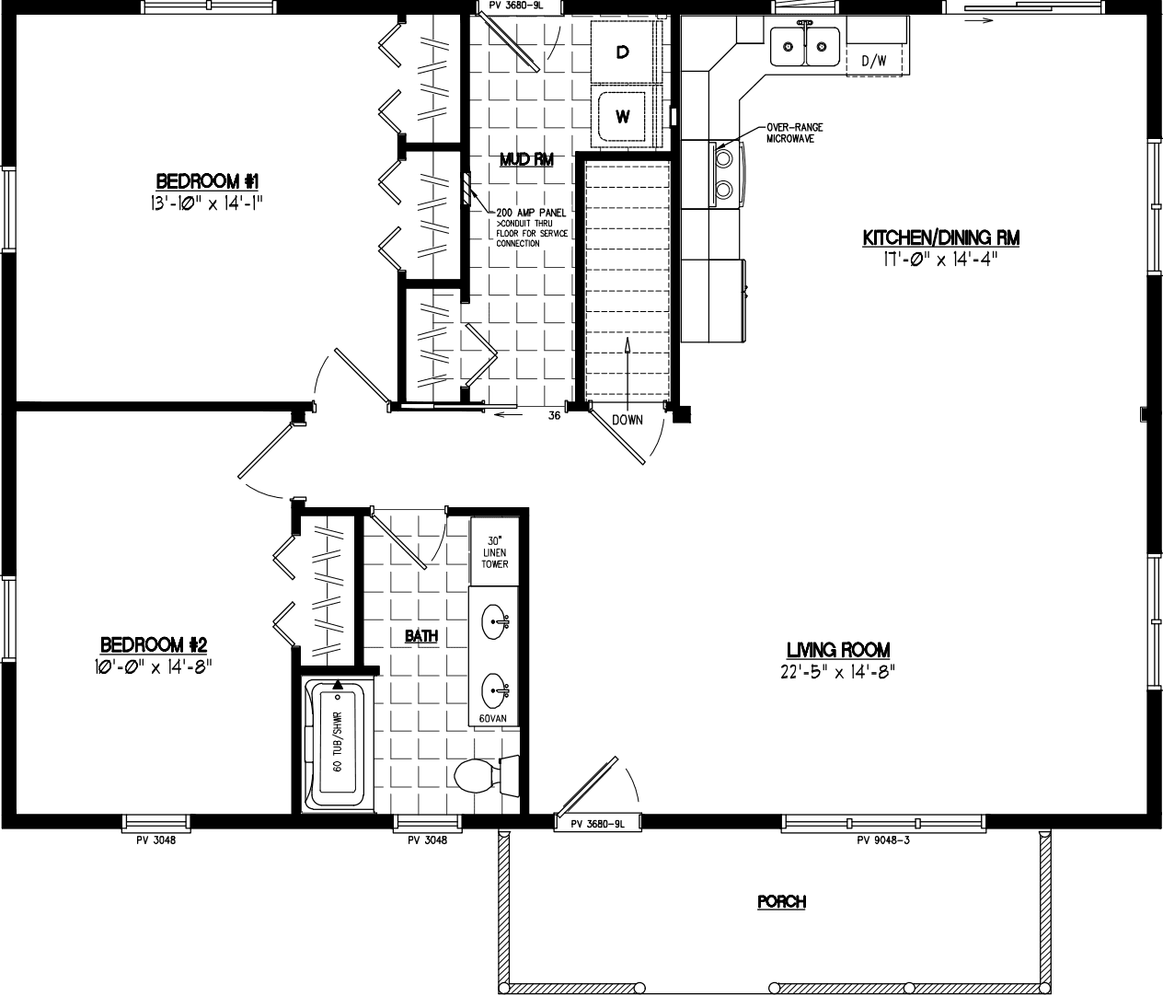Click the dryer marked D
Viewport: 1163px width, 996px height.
pyautogui.click(x=623, y=53)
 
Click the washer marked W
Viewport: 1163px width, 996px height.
pyautogui.click(x=623, y=116)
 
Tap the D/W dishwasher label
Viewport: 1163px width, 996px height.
pyautogui.click(x=873, y=62)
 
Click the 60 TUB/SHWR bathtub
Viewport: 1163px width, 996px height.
pyautogui.click(x=338, y=742)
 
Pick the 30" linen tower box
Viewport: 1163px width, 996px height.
pyautogui.click(x=495, y=550)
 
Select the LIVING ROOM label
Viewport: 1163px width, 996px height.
pyautogui.click(x=836, y=650)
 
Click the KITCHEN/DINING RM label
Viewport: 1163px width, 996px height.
pyautogui.click(x=940, y=238)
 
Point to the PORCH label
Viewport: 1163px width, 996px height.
pyautogui.click(x=781, y=902)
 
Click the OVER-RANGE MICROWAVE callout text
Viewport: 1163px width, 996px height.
pyautogui.click(x=795, y=133)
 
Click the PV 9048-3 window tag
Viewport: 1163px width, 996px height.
pyautogui.click(x=882, y=840)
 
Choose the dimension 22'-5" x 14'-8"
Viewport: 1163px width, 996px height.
pyautogui.click(x=836, y=671)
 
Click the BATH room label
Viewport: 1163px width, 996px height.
pyautogui.click(x=421, y=635)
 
